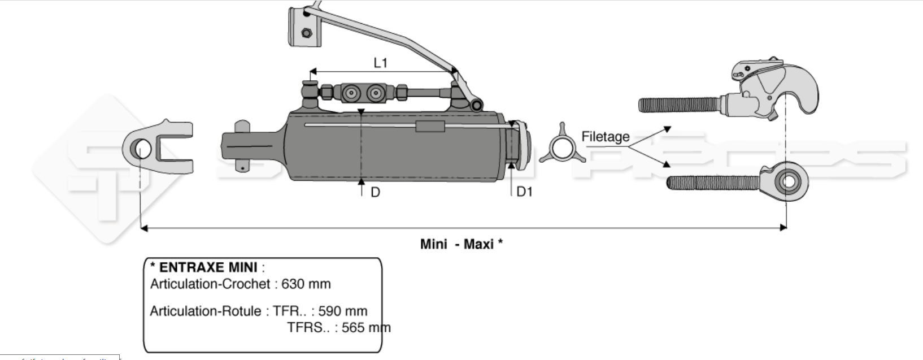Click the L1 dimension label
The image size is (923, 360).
tap(381, 62)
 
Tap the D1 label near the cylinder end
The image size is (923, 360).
tap(524, 192)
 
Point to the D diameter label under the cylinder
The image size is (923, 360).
tap(375, 193)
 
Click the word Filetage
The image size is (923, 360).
tap(605, 137)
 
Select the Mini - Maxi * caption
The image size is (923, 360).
tap(461, 244)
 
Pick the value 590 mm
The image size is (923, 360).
tap(342, 311)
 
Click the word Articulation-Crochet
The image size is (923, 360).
tap(210, 284)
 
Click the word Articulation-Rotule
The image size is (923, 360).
tap(206, 311)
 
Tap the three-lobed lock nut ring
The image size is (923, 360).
tap(560, 150)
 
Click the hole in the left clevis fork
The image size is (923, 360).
tap(142, 149)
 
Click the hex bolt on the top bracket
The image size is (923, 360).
tap(307, 33)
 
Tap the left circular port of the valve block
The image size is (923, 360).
tap(352, 93)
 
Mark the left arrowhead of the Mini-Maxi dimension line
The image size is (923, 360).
tap(143, 228)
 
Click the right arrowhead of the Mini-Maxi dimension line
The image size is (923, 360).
tap(783, 227)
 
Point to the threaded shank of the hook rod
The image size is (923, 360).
tap(678, 104)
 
